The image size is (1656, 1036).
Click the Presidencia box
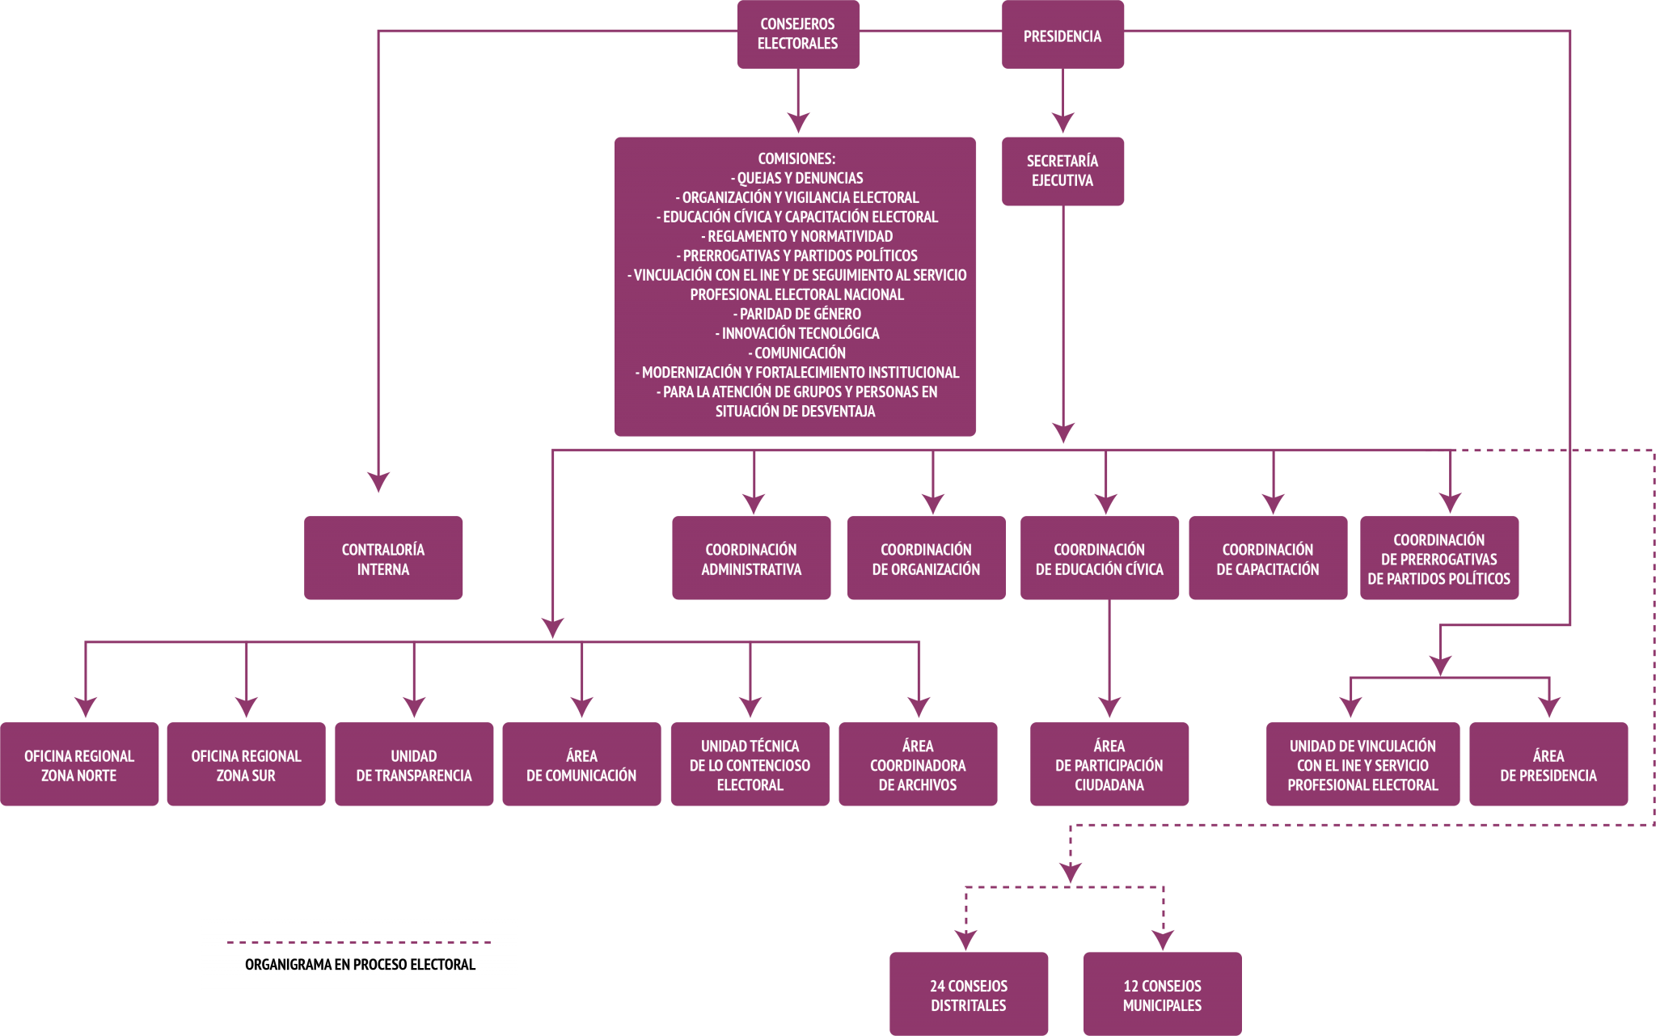1062,36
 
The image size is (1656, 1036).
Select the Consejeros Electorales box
797,34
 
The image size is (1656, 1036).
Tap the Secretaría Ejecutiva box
1062,171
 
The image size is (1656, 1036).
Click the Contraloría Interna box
382,559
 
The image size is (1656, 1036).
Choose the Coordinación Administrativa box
750,559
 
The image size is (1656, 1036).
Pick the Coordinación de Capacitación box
1267,559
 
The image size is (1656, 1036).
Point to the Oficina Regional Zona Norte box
78,765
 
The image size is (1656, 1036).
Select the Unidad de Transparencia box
413,765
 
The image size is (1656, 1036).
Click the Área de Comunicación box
581,765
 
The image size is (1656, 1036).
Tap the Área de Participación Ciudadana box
1109,765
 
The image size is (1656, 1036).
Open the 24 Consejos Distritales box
968,995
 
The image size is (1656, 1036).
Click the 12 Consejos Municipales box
1162,995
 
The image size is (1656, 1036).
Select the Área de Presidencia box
1548,765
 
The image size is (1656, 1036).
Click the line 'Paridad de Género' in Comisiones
796,314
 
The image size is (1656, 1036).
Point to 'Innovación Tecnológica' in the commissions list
796,333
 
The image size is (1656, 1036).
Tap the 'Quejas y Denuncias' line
796,178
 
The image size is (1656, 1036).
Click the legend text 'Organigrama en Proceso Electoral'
360,964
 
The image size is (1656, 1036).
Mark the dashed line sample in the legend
360,942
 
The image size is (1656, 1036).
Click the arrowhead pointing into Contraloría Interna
378,482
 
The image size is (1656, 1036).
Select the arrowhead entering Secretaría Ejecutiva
1062,123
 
